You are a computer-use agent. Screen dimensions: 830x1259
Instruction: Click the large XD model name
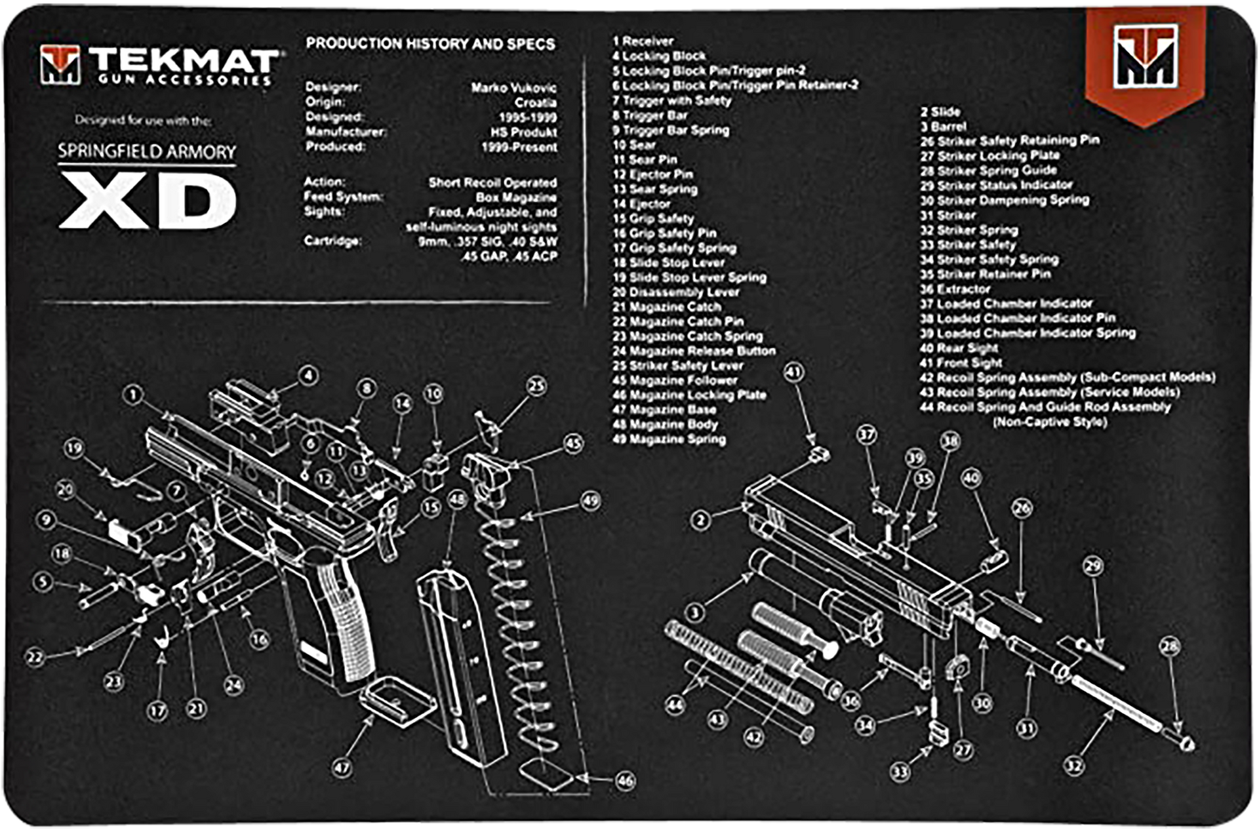pos(148,203)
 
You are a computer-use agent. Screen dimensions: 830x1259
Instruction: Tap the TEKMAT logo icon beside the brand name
pos(60,65)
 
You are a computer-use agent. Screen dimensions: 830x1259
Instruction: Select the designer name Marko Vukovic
pos(513,88)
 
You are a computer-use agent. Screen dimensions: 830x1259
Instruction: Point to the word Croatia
pos(535,103)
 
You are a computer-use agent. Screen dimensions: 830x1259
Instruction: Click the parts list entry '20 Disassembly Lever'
pos(675,292)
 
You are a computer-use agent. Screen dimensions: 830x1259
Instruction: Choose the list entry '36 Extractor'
pos(954,289)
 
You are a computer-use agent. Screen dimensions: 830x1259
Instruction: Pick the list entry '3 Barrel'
pos(943,127)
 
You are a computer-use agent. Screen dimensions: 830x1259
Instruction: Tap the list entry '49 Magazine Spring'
pos(669,439)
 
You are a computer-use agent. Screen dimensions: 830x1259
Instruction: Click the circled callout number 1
pos(134,395)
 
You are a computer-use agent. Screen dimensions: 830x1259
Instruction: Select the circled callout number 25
pos(536,386)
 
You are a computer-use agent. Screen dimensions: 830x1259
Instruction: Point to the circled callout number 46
pos(626,780)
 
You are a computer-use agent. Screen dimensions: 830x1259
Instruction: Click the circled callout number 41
pos(793,372)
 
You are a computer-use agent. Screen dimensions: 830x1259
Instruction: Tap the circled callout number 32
pos(1073,765)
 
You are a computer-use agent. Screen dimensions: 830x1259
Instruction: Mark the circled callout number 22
pos(35,657)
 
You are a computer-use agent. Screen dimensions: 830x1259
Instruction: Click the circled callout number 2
pos(700,521)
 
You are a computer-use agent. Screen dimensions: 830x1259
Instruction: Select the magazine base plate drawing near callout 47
pos(397,699)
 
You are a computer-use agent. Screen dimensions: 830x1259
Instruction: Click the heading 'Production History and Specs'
pos(430,44)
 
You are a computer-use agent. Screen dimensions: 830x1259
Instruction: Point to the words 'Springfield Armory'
pos(147,152)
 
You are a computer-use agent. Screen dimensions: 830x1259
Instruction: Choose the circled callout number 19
pos(73,448)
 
